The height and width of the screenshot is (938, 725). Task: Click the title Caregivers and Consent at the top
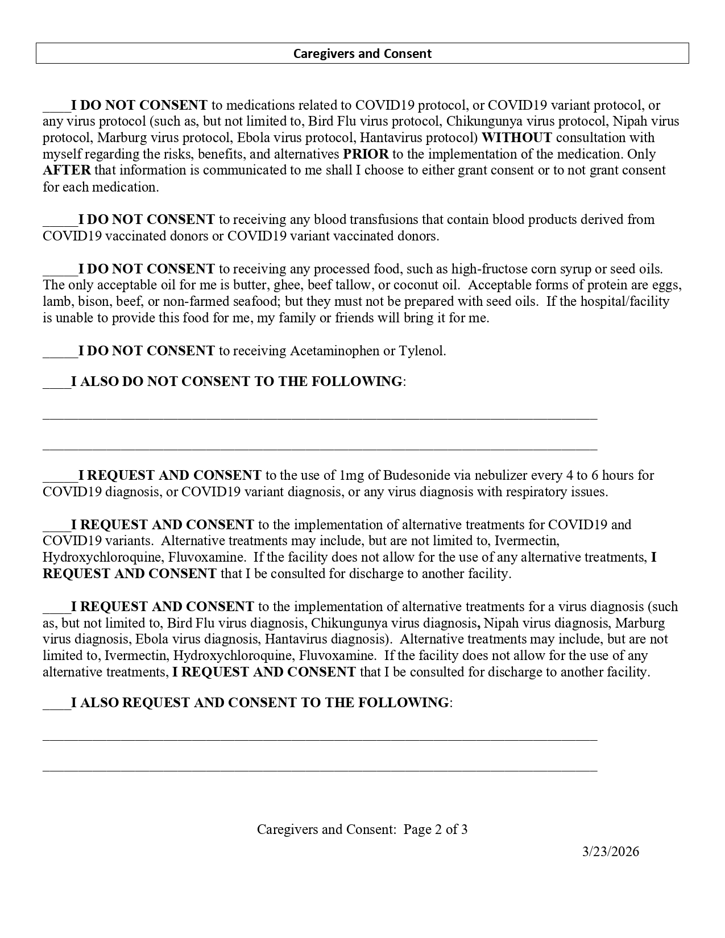point(362,53)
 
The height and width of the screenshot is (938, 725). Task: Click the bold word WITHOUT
point(516,138)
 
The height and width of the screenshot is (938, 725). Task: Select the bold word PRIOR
point(366,154)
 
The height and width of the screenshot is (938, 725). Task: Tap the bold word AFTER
point(67,171)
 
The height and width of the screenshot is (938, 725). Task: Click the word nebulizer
point(498,475)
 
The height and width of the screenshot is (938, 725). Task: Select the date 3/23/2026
point(611,852)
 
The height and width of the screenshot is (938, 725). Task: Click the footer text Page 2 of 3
point(436,829)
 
